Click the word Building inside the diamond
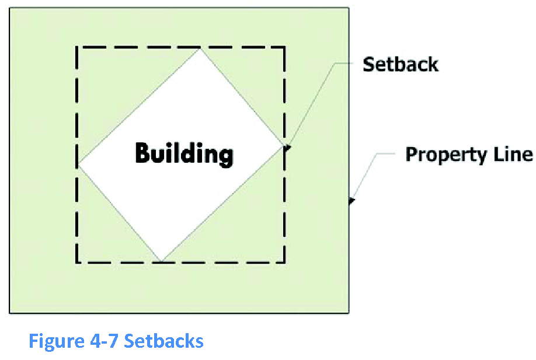click(x=184, y=154)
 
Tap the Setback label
click(x=400, y=64)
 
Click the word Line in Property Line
click(x=516, y=155)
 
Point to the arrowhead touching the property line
click(x=351, y=202)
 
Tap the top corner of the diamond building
click(x=201, y=48)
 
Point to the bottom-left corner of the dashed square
click(x=77, y=261)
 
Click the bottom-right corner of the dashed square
click(x=284, y=261)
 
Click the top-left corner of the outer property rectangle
click(x=10, y=8)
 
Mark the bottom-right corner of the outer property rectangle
click(x=349, y=313)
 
